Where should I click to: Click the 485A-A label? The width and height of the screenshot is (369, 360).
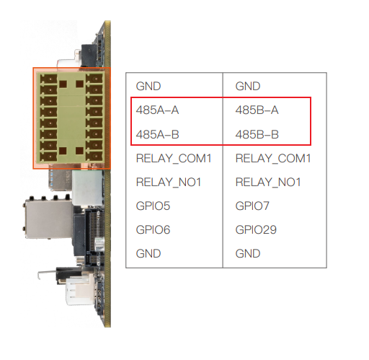pos(157,110)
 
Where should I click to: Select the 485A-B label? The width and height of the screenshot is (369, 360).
pos(157,134)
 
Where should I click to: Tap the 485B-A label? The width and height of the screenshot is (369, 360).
pos(257,110)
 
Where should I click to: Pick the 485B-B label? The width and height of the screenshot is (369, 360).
pos(257,134)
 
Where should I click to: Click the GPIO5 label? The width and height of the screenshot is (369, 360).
pos(153,206)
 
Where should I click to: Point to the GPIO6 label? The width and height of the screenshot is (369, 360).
pos(153,229)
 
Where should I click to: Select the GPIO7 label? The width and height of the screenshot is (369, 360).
pos(252,206)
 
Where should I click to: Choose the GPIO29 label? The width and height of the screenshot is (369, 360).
pos(256,229)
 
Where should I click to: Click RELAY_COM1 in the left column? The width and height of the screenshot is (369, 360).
pos(174,159)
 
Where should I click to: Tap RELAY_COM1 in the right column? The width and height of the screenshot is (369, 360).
pos(273,159)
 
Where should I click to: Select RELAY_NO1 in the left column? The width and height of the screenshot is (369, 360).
pos(169,183)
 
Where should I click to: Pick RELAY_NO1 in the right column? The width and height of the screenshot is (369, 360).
pos(268,183)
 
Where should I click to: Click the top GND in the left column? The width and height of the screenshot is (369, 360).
pos(148,87)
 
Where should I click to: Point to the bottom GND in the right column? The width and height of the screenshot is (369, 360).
pos(248,254)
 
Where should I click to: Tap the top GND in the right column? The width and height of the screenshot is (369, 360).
pos(248,87)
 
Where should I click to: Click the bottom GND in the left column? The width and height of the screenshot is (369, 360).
pos(148,254)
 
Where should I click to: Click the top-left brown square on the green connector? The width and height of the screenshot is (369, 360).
pos(63,84)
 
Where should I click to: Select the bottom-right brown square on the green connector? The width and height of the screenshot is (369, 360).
pos(79,151)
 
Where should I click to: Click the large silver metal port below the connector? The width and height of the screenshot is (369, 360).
pos(48,219)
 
